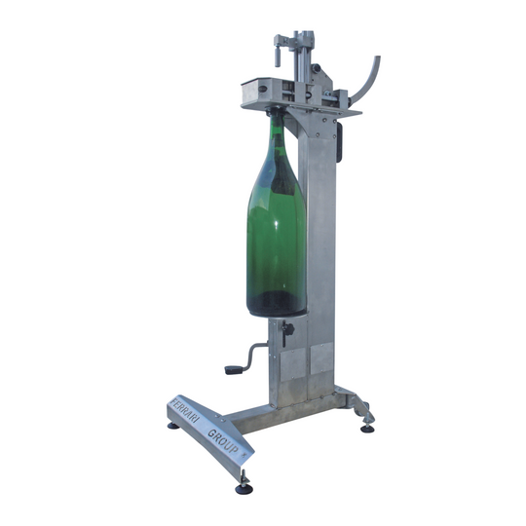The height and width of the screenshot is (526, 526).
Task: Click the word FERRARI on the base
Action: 184,411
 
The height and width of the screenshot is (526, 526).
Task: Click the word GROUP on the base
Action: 223,441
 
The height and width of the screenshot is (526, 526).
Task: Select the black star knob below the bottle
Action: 287,330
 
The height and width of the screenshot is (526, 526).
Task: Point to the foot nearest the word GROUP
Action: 244,489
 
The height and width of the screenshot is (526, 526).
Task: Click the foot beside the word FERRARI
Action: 173,426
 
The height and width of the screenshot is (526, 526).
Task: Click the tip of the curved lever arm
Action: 377,57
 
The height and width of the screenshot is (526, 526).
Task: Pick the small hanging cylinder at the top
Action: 278,57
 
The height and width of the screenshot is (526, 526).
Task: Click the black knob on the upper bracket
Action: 317,68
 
